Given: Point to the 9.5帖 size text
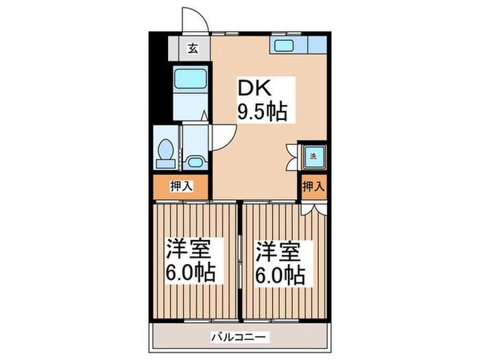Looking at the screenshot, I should click(262, 111).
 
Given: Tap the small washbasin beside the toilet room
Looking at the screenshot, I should click(194, 163).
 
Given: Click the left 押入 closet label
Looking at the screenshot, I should click(180, 185).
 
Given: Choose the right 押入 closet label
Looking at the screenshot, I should click(312, 185).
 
